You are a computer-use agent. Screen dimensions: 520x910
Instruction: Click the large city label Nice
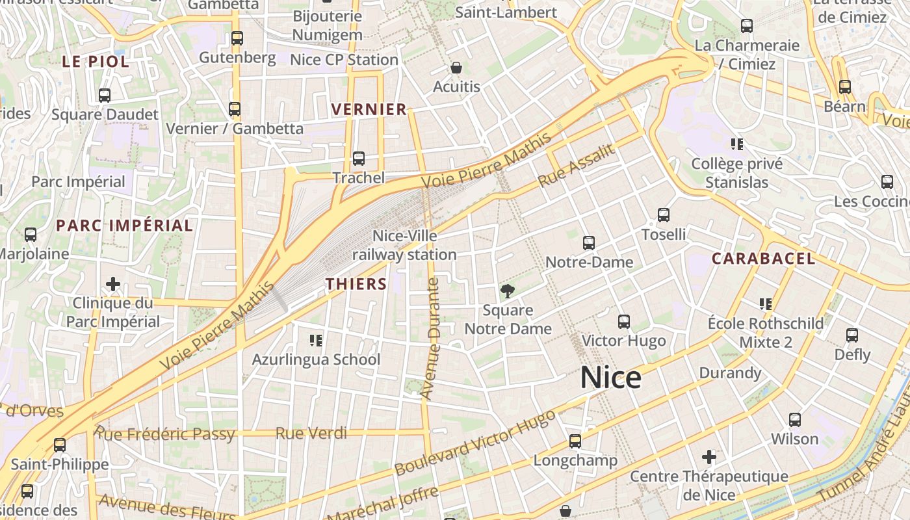[610, 378]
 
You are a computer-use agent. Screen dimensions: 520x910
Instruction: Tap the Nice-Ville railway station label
[404, 245]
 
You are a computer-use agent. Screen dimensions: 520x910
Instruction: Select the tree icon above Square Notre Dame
[507, 291]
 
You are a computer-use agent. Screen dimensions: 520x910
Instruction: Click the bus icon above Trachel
[358, 158]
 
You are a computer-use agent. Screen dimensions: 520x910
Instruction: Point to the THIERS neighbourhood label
[356, 284]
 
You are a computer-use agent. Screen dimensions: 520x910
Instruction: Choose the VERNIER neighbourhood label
[369, 109]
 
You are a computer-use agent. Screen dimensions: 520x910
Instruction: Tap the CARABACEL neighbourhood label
[763, 259]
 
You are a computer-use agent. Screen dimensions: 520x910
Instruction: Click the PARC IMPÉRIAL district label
[124, 226]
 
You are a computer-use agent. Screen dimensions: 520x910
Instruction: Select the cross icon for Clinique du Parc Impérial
[113, 284]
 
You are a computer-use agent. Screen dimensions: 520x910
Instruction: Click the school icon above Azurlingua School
[317, 340]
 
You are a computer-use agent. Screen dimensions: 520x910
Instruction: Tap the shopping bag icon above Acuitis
[456, 68]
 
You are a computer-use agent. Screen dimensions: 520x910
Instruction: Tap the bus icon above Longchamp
[575, 441]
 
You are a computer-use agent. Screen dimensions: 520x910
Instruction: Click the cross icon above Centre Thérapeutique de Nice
[709, 457]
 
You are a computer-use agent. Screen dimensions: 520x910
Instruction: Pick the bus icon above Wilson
[794, 420]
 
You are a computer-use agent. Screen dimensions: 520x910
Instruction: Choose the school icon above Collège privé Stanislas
[736, 144]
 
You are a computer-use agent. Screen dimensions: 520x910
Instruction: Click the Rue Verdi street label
[311, 433]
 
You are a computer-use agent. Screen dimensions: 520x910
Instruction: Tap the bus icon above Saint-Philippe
[60, 445]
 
